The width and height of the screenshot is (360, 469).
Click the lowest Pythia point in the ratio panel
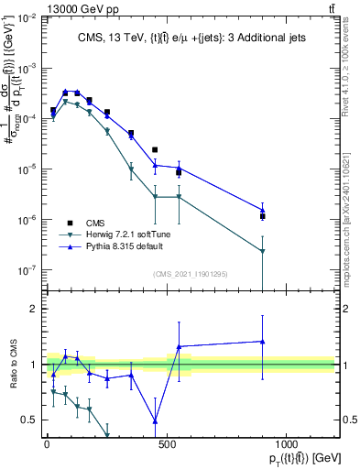(x=155, y=420)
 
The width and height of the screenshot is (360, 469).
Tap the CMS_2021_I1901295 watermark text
(x=189, y=273)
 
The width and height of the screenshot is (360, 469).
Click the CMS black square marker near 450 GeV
(x=155, y=149)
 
